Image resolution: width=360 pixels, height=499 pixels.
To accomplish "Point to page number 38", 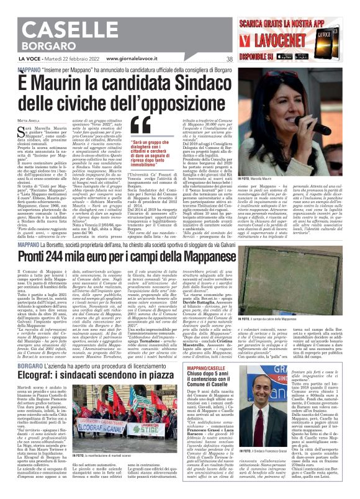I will point(230,59).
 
